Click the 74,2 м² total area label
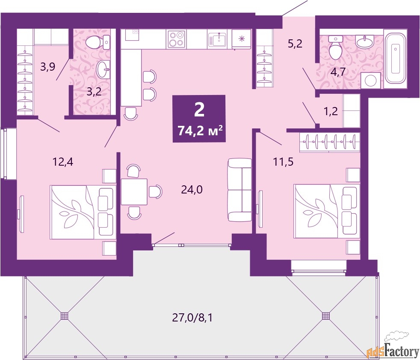click(200, 131)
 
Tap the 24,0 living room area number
click(192, 190)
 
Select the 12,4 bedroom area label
click(63, 162)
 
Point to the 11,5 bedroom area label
click(283, 162)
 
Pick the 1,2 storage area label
click(331, 111)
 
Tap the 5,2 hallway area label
click(295, 43)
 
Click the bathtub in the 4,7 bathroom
click(395, 58)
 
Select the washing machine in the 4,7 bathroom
click(371, 80)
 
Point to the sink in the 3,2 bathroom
click(103, 69)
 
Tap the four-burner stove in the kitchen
click(177, 39)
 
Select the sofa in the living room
click(240, 190)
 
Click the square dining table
click(134, 192)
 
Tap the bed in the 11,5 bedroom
click(327, 211)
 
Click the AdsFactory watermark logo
click(393, 348)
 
